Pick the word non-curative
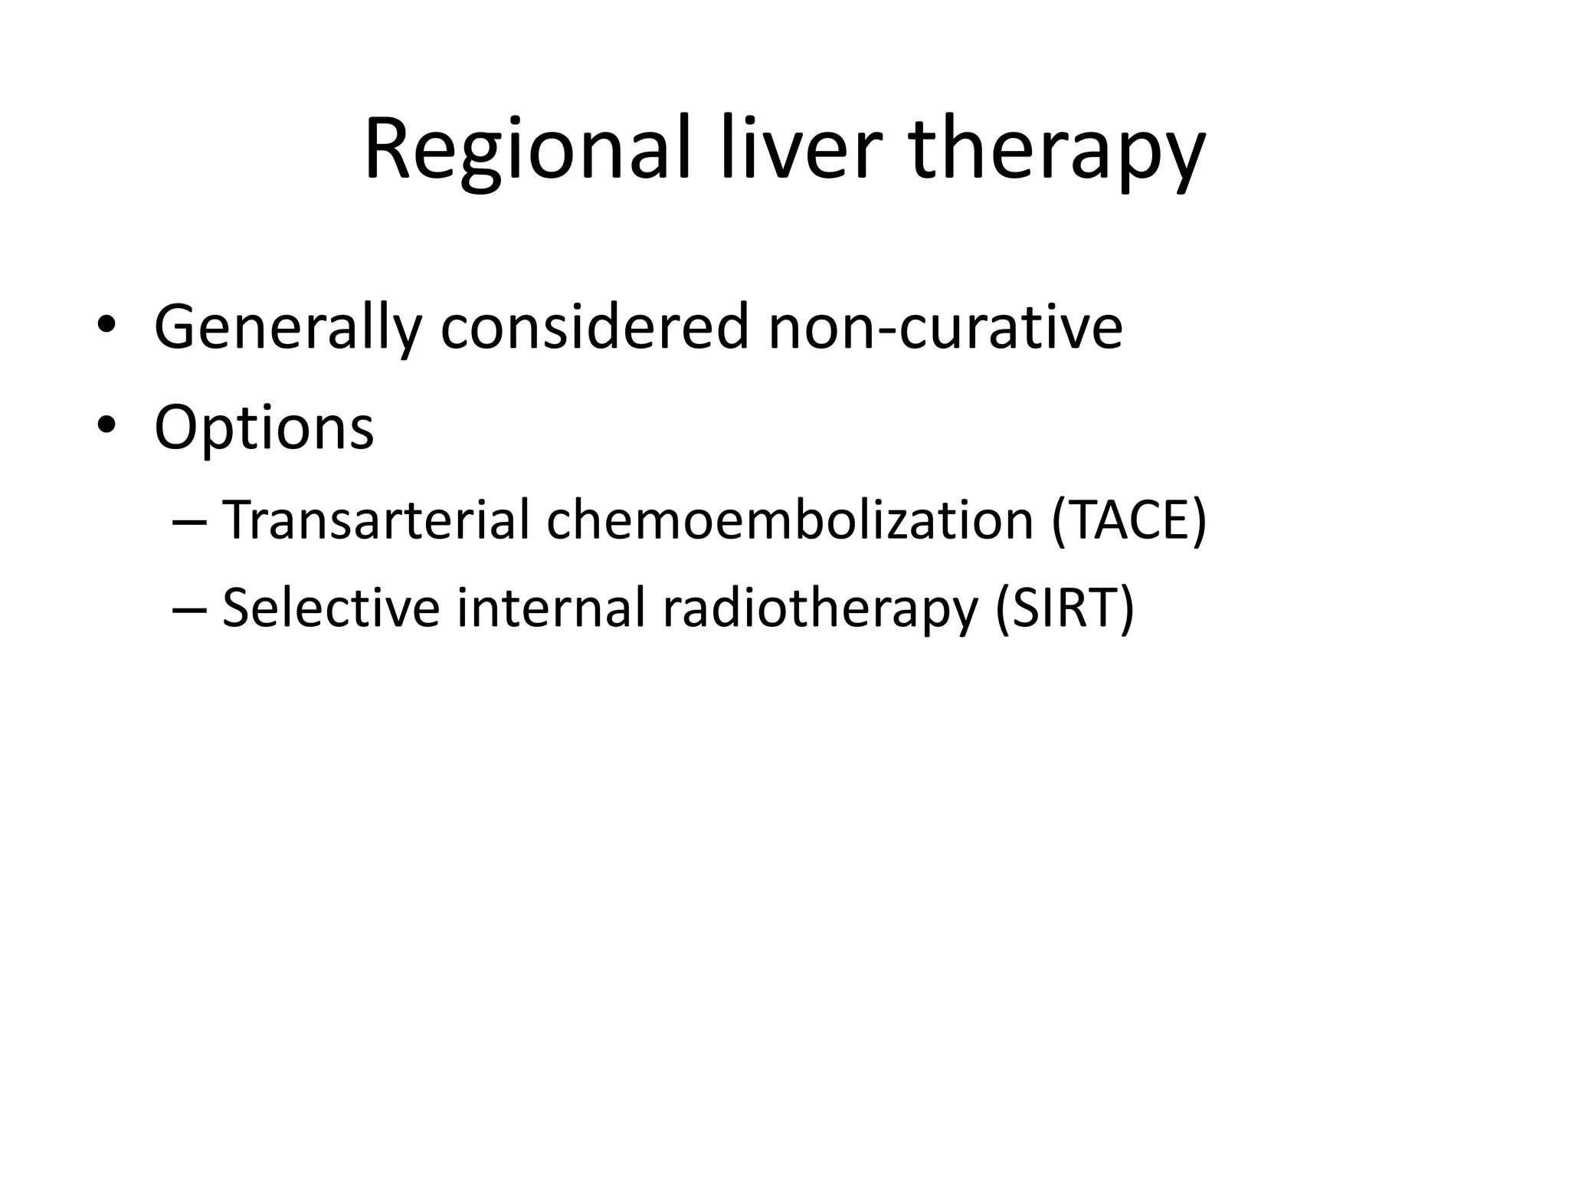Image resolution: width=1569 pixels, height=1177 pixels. point(945,328)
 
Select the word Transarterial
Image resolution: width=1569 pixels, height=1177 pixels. point(375,520)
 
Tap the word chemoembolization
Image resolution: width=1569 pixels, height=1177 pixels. point(789,520)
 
